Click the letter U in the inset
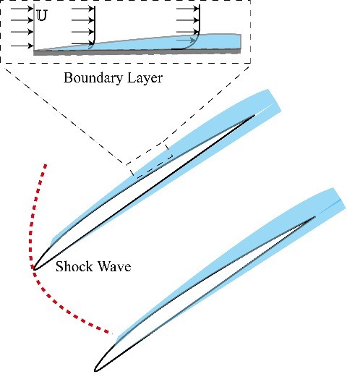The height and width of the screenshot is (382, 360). pos(42,16)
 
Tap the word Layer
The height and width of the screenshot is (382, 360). pos(145,78)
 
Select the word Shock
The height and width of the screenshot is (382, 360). pos(74,266)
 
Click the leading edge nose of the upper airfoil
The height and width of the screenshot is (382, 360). pos(33,268)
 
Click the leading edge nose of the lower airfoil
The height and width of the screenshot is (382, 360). pos(95,370)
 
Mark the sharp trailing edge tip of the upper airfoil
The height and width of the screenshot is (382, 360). pos(254,115)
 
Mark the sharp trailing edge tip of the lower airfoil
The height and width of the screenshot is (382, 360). pos(315,216)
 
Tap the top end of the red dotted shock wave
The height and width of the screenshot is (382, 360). pos(46,166)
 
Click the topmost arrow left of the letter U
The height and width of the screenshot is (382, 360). pos(22,9)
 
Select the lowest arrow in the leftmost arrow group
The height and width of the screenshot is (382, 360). pos(22,46)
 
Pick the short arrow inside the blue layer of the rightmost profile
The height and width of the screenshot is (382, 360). pos(186,41)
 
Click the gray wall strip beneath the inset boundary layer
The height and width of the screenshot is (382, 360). pos(137,51)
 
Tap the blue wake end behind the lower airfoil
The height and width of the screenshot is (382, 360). pos(339,199)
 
